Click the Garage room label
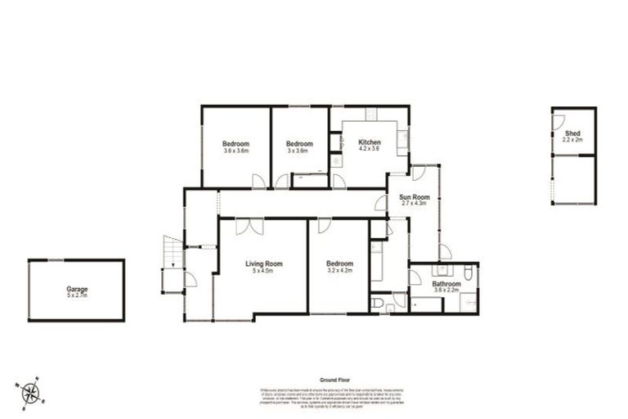pyautogui.click(x=78, y=289)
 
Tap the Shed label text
pyautogui.click(x=572, y=132)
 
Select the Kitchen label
pyautogui.click(x=370, y=142)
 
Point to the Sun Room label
pyautogui.click(x=415, y=197)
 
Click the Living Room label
pyautogui.click(x=264, y=264)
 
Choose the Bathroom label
pyautogui.click(x=446, y=284)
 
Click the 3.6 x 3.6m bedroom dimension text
pyautogui.click(x=235, y=151)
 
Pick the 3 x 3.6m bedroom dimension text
pyautogui.click(x=297, y=151)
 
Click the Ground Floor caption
pyautogui.click(x=335, y=381)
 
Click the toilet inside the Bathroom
pyautogui.click(x=464, y=273)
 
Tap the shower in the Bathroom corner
pyautogui.click(x=468, y=303)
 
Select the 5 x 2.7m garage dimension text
pyautogui.click(x=78, y=296)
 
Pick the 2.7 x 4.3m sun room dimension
pyautogui.click(x=415, y=205)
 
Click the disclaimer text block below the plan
pyautogui.click(x=335, y=397)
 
